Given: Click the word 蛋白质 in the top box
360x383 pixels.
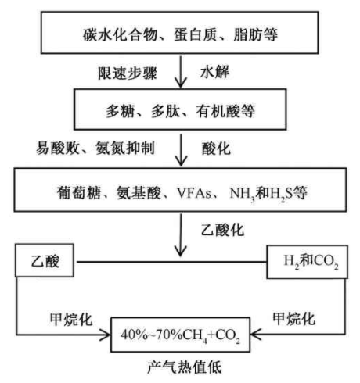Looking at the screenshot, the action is (195, 35).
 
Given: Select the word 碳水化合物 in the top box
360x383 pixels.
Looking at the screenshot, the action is (120, 35).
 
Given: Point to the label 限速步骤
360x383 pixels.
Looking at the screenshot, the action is (128, 73).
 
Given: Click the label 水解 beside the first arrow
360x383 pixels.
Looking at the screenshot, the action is (214, 72).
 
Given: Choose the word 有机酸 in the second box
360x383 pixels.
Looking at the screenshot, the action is (218, 111).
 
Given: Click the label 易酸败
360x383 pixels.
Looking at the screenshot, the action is (57, 149).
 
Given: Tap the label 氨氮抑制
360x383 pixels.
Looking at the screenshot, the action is (125, 149).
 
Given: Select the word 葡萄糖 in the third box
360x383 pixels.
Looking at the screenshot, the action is (78, 193).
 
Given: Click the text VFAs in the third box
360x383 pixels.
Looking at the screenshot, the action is (194, 193).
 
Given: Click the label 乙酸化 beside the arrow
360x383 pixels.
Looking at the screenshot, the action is (222, 230).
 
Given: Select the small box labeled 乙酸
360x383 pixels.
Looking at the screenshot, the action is (45, 260).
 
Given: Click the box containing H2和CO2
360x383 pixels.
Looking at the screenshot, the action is (307, 262).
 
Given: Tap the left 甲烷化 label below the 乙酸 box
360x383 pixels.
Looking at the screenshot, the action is (71, 319).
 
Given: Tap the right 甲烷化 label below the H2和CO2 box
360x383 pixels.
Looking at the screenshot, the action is (294, 318).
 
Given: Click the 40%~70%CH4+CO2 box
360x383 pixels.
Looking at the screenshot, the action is (181, 335).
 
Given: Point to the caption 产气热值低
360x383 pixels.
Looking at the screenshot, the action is (185, 367).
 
